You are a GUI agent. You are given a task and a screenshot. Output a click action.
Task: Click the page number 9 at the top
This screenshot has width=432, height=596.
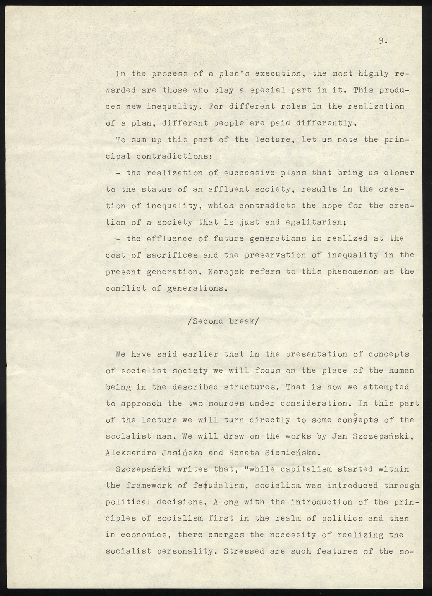coord(381,42)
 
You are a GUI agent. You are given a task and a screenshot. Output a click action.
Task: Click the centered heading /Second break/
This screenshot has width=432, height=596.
coord(223,321)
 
